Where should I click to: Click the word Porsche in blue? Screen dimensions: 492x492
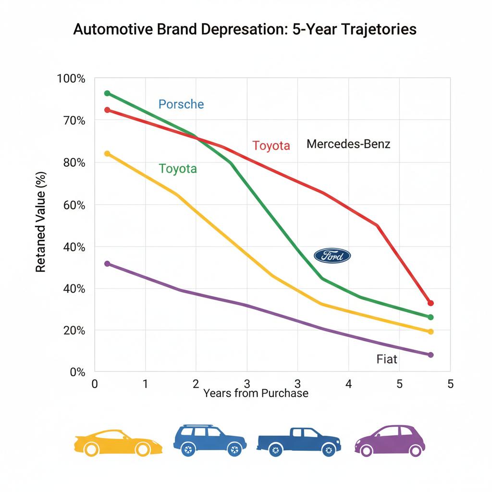pyautogui.click(x=181, y=104)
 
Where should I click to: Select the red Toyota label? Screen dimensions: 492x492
pyautogui.click(x=271, y=146)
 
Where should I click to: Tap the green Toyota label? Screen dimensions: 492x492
pyautogui.click(x=178, y=169)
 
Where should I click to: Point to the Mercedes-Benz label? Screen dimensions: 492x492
pyautogui.click(x=348, y=144)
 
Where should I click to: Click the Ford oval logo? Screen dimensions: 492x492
pyautogui.click(x=332, y=256)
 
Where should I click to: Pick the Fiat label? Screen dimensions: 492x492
pyautogui.click(x=387, y=359)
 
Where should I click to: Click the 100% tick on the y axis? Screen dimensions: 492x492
pyautogui.click(x=71, y=78)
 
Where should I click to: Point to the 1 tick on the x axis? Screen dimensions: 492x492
pyautogui.click(x=145, y=384)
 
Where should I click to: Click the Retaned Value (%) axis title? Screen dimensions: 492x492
pyautogui.click(x=41, y=222)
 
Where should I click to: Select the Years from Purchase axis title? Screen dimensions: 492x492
pyautogui.click(x=256, y=393)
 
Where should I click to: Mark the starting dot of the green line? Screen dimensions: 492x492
pyautogui.click(x=107, y=93)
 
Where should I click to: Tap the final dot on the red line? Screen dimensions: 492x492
pyautogui.click(x=430, y=303)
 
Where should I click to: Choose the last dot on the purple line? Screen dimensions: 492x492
pyautogui.click(x=430, y=355)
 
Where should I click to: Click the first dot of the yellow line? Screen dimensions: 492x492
pyautogui.click(x=107, y=154)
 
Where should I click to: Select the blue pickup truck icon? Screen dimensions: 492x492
pyautogui.click(x=298, y=441)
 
